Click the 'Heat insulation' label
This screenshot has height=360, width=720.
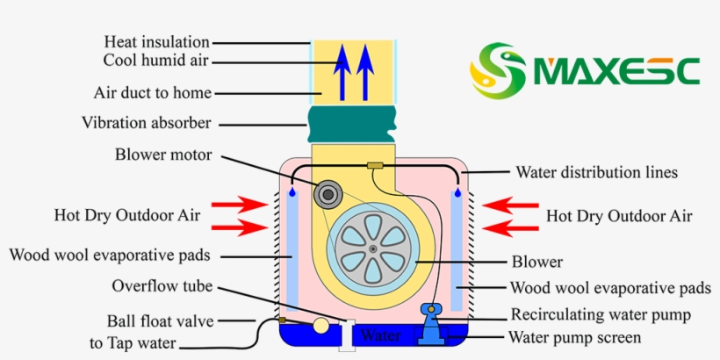tap(156, 41)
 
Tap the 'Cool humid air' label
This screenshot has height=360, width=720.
tap(155, 61)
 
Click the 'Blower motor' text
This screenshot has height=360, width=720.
tap(163, 155)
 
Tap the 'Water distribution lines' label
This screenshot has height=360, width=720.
tap(596, 172)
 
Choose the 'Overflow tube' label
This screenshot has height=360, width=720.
tap(162, 286)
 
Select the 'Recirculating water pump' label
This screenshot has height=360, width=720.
tap(601, 314)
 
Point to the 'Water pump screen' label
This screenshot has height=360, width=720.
tap(587, 336)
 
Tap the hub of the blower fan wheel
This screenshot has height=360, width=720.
tap(373, 249)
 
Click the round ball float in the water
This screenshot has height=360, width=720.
tap(321, 326)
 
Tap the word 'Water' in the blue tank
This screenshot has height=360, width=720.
tap(380, 335)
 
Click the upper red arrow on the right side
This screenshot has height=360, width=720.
tap(511, 205)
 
